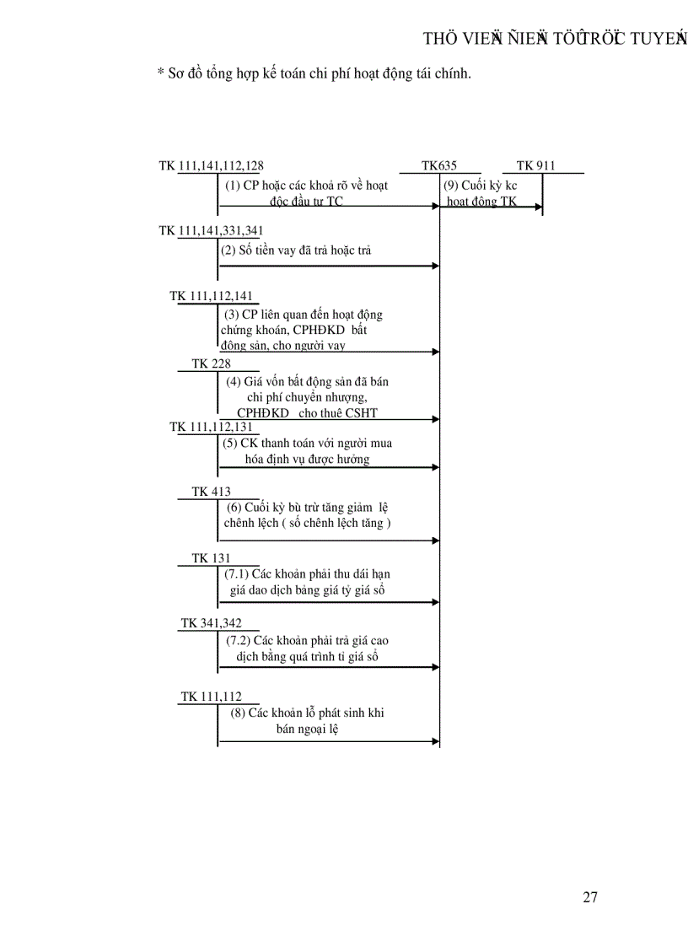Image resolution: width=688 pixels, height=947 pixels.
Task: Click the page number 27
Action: pos(589,897)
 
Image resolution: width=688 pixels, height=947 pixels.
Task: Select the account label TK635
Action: pos(439,166)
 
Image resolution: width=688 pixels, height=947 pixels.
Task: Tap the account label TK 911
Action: pos(535,166)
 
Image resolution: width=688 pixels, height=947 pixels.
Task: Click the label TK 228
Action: pos(211,363)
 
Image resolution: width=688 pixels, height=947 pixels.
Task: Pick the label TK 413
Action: pos(211,492)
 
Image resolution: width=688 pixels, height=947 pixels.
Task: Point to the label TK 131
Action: pos(211,558)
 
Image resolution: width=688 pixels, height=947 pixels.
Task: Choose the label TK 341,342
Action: pos(211,623)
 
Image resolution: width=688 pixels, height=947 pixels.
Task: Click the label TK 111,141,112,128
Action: pos(217,166)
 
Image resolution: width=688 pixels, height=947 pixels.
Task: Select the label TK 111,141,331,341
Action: pos(217,230)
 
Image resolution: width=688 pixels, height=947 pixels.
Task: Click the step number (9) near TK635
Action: pos(450,186)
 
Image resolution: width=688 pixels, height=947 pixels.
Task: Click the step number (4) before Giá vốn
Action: pos(234,381)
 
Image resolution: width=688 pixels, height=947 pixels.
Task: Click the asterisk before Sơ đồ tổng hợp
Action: pos(160,74)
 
